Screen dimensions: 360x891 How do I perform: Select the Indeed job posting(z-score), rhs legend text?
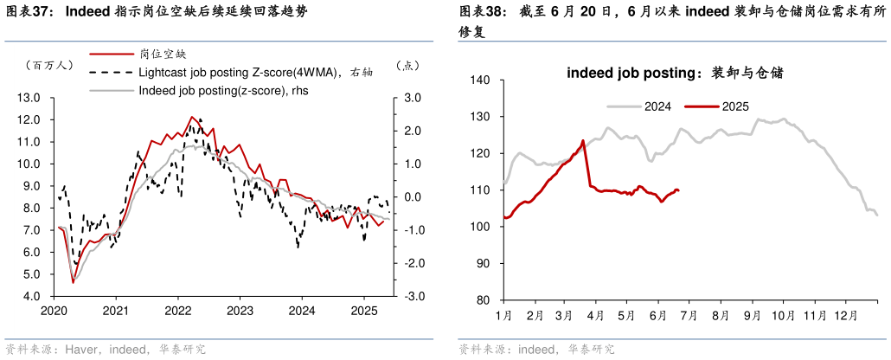coord(224,90)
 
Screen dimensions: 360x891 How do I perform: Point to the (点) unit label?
coord(407,65)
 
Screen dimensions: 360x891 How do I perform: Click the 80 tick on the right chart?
coord(484,300)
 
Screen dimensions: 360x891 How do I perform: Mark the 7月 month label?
coord(689,316)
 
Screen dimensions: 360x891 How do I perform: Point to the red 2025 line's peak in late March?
coord(583,141)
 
